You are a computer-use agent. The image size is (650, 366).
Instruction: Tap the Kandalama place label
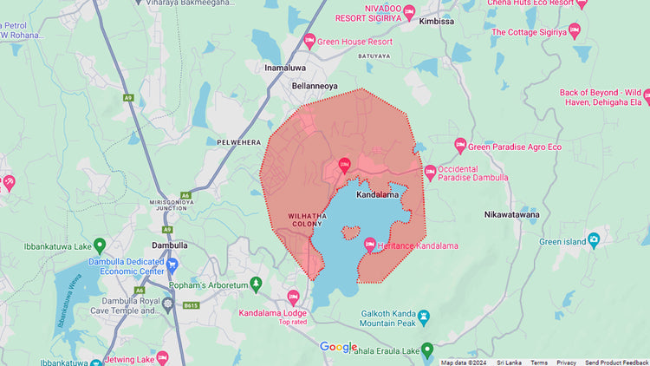coord(378,195)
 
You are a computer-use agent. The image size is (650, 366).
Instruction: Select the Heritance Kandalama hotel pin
coord(370,245)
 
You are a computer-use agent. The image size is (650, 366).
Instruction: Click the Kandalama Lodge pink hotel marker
coord(293,297)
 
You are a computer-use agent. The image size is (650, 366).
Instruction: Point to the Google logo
coord(338,347)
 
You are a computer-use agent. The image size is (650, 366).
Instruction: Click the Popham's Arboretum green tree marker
coord(256,284)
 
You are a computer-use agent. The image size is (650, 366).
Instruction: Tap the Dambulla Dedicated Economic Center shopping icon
coord(172,265)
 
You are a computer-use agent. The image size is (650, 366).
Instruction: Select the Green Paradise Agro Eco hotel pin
coord(460,147)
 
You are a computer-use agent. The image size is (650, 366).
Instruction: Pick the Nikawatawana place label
coord(512,213)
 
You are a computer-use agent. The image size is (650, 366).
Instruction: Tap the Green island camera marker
coord(594,240)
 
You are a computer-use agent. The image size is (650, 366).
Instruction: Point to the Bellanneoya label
coord(315,88)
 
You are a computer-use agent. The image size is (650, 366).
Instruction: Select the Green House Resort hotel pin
coord(309,41)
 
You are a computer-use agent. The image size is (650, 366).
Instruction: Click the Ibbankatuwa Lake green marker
coord(99,246)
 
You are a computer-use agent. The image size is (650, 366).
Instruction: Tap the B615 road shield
coord(192,305)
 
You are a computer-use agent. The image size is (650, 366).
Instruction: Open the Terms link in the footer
coord(539,363)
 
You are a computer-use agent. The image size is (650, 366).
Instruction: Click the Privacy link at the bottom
coord(566,363)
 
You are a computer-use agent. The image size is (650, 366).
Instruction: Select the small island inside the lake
coord(350,232)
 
